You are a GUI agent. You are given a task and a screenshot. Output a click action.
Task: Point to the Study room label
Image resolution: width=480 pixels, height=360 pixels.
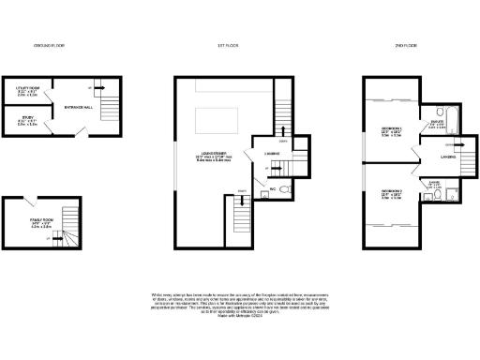tap(27, 119)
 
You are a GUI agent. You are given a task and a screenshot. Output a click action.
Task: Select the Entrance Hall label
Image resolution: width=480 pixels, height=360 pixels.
tap(78, 108)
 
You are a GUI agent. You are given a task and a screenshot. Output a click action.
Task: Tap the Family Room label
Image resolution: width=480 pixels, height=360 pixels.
tap(29, 223)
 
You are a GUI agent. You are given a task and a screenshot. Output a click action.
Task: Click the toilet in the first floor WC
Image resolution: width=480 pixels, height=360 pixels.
tap(286, 188)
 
